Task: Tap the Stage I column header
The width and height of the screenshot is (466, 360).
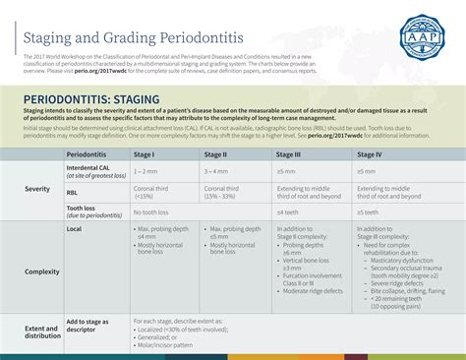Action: (146, 154)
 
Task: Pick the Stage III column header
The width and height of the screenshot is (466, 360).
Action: (289, 154)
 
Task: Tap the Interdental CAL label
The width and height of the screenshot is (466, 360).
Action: (87, 168)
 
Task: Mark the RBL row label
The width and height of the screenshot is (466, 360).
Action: (73, 192)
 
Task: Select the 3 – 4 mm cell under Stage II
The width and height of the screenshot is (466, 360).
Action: (217, 171)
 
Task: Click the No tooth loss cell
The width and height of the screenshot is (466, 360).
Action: (150, 212)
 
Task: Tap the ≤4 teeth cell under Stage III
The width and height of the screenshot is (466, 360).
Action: (287, 212)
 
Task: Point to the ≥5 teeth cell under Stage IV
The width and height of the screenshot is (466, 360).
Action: (368, 212)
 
